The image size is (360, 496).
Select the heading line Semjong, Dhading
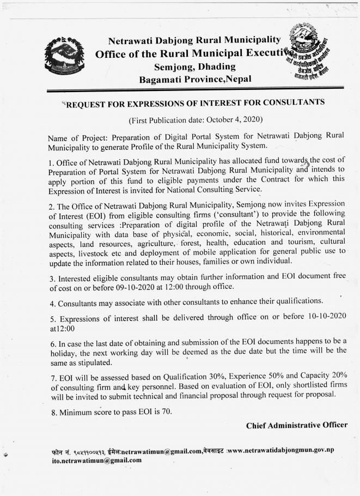194,66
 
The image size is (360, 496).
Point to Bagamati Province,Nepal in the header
196,80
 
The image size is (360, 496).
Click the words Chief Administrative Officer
296,425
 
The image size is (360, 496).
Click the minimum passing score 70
166,411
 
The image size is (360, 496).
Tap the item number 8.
53,412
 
